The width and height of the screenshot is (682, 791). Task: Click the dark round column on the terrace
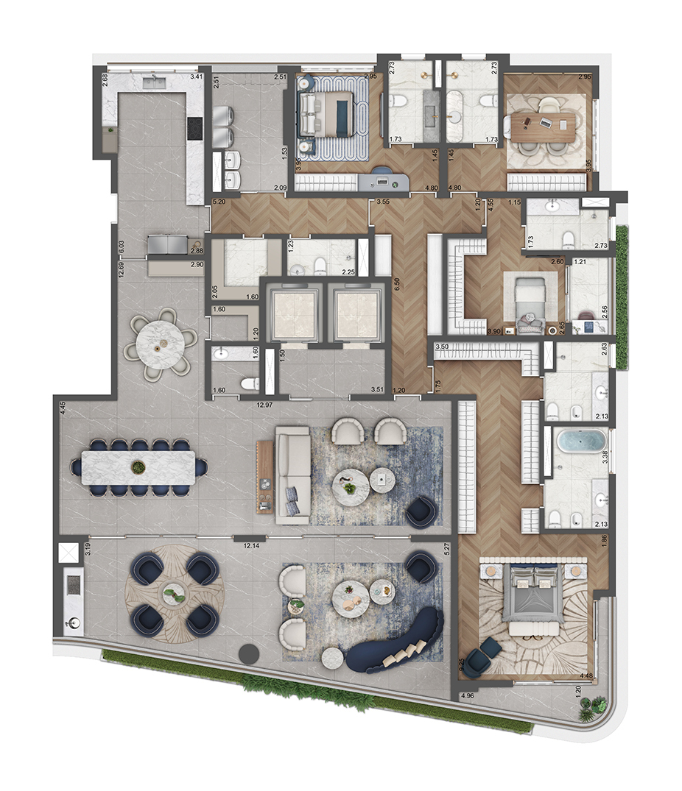coord(250,653)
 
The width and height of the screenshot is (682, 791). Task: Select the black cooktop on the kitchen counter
coord(194,129)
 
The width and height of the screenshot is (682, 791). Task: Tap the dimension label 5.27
coord(446,547)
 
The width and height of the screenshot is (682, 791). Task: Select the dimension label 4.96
coord(466,695)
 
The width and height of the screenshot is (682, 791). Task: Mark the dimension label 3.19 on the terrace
coord(87,548)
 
